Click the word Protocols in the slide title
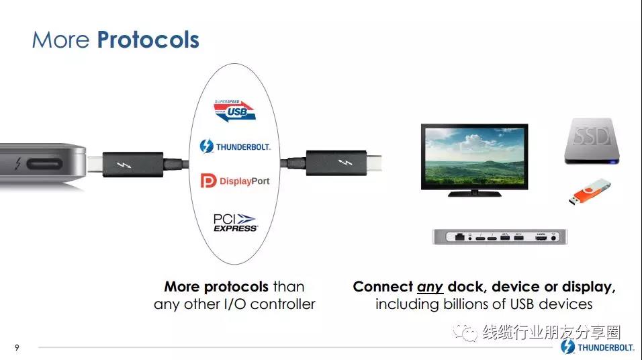tap(148, 40)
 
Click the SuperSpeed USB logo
tap(234, 111)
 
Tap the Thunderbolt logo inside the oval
tap(235, 146)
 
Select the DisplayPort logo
tap(235, 181)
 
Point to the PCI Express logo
tap(236, 223)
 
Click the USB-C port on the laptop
tap(44, 165)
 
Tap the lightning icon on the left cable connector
tap(124, 165)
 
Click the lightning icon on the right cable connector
tap(345, 163)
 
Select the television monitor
tap(475, 160)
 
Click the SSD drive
tap(592, 141)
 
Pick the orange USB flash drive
tap(589, 191)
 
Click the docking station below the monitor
tap(500, 236)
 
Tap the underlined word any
tap(430, 287)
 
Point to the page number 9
tap(17, 348)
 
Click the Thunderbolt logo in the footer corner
tap(598, 347)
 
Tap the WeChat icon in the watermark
tap(465, 332)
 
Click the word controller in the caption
tap(283, 304)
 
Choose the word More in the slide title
tap(60, 40)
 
